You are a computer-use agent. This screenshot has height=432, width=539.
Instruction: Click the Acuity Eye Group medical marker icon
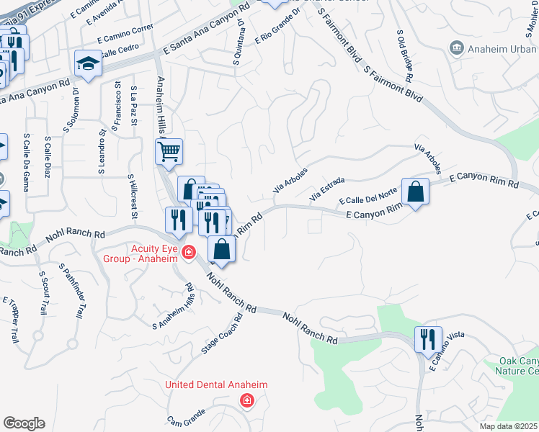tap(189, 251)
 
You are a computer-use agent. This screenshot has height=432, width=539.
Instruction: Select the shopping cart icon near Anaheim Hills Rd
tap(169, 151)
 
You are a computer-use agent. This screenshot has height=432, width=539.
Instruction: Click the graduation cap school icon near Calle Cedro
tap(89, 64)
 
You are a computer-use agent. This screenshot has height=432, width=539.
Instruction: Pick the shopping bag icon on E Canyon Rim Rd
tap(416, 192)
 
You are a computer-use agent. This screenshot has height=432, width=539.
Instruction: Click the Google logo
tap(24, 423)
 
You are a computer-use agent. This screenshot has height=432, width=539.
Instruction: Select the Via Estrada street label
tap(328, 189)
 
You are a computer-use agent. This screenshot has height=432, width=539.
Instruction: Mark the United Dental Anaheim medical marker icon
tap(246, 400)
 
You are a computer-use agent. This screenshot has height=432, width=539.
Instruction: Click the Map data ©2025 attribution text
tap(509, 426)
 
